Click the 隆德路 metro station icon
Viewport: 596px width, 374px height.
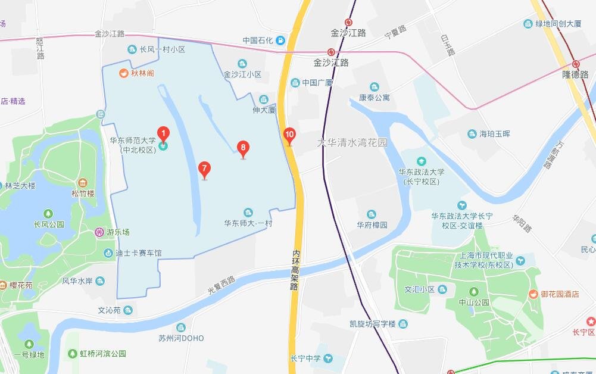[576, 64]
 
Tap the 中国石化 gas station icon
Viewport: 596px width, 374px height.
[280, 40]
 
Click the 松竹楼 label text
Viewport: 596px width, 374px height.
[83, 193]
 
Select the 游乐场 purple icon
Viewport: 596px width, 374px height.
[99, 232]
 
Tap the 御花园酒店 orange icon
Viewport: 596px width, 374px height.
[534, 294]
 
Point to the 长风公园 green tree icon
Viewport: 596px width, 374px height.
[49, 214]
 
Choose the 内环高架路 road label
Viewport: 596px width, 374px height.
[294, 269]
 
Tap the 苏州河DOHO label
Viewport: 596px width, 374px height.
[181, 338]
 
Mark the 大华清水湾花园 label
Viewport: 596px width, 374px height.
[351, 143]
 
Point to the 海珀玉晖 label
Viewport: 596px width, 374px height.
[495, 133]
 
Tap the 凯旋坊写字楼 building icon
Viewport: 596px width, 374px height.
[404, 324]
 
